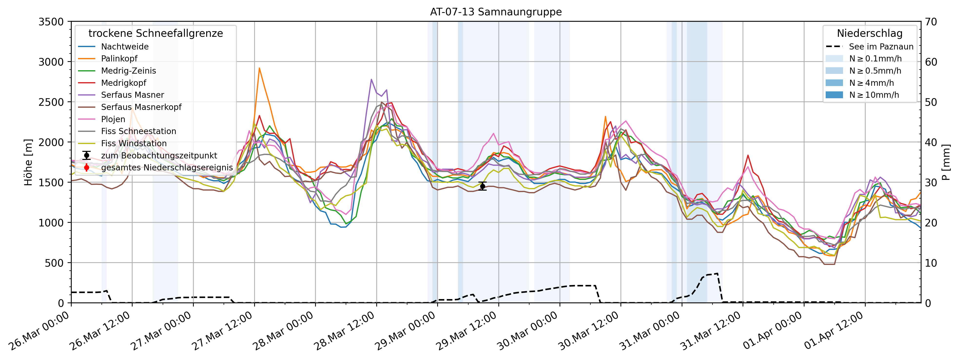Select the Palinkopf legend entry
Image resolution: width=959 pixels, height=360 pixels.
coord(119,58)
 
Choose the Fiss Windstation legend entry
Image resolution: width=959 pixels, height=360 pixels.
coord(134,143)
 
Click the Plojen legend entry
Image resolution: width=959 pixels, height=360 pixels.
coord(113,119)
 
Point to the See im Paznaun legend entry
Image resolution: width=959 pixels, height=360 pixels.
coord(881,47)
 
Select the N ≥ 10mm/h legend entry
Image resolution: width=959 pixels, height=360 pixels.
coord(874,95)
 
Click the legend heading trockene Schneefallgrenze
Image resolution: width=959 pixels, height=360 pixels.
coord(156,33)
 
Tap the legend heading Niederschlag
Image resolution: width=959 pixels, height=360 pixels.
coord(869,33)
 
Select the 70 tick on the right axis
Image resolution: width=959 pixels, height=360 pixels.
coord(931,22)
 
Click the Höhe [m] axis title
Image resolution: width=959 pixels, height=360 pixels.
coord(28,162)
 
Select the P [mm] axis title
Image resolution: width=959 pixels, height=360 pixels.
coord(946,162)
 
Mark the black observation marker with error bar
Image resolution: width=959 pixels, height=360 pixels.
coord(483,186)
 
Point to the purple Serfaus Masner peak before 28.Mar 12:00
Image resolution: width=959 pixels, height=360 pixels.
coord(371,79)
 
